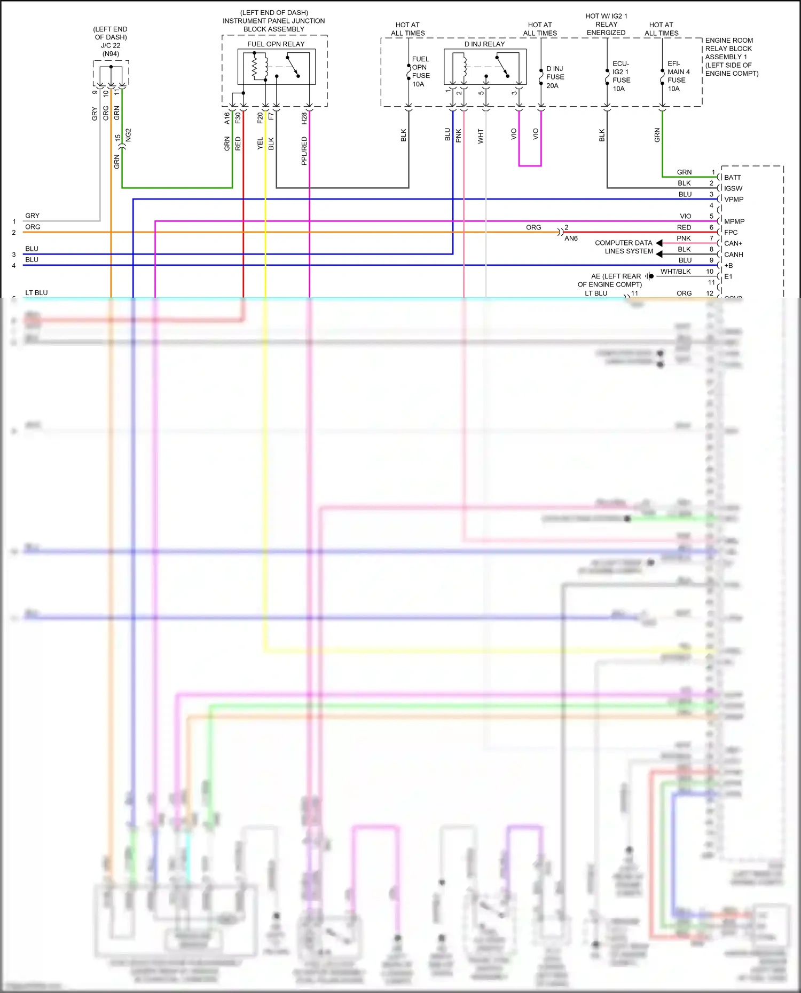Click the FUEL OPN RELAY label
click(x=276, y=44)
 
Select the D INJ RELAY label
click(x=484, y=44)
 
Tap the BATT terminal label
click(x=732, y=178)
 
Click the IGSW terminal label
click(x=733, y=188)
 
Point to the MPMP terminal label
click(x=734, y=221)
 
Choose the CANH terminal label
click(x=733, y=255)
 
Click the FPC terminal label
click(x=731, y=233)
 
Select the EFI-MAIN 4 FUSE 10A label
click(x=678, y=76)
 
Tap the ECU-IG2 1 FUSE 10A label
click(x=621, y=76)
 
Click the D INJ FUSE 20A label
click(x=555, y=77)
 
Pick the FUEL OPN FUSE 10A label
click(x=420, y=72)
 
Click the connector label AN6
click(x=571, y=239)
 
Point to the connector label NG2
click(x=128, y=135)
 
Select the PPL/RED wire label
click(x=304, y=150)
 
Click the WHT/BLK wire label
click(x=675, y=272)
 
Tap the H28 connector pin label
click(x=304, y=118)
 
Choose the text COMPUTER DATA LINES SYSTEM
click(x=624, y=247)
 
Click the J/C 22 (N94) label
click(x=111, y=50)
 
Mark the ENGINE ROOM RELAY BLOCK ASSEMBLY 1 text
click(x=731, y=57)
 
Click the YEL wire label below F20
click(x=260, y=143)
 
